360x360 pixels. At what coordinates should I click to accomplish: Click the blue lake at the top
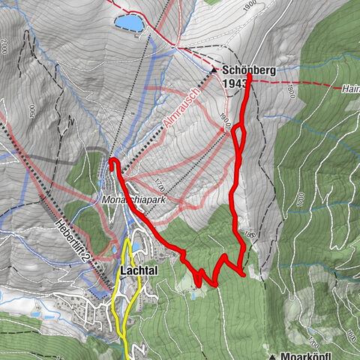[130, 23]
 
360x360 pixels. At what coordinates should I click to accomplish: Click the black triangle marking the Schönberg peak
[214, 69]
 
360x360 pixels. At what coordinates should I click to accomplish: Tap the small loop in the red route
[239, 136]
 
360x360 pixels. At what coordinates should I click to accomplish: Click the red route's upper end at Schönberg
[249, 76]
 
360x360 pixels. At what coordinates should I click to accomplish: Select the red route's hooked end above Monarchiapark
[112, 161]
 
